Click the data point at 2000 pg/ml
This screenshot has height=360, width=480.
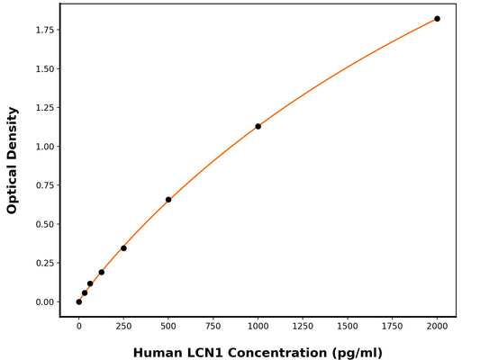437,19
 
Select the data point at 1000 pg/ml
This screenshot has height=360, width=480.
258,126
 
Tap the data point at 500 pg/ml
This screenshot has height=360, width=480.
168,200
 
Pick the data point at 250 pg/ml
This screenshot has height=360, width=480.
123,248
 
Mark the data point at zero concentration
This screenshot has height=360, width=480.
79,301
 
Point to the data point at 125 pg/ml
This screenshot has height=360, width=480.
102,272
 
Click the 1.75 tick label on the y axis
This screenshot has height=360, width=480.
43,31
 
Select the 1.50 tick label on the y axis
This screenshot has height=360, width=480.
43,69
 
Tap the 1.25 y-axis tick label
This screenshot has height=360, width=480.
43,108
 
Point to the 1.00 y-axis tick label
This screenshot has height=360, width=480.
43,147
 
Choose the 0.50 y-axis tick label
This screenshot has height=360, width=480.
43,224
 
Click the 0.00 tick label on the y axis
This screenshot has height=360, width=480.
43,302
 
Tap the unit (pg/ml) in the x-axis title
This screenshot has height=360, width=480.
357,353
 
